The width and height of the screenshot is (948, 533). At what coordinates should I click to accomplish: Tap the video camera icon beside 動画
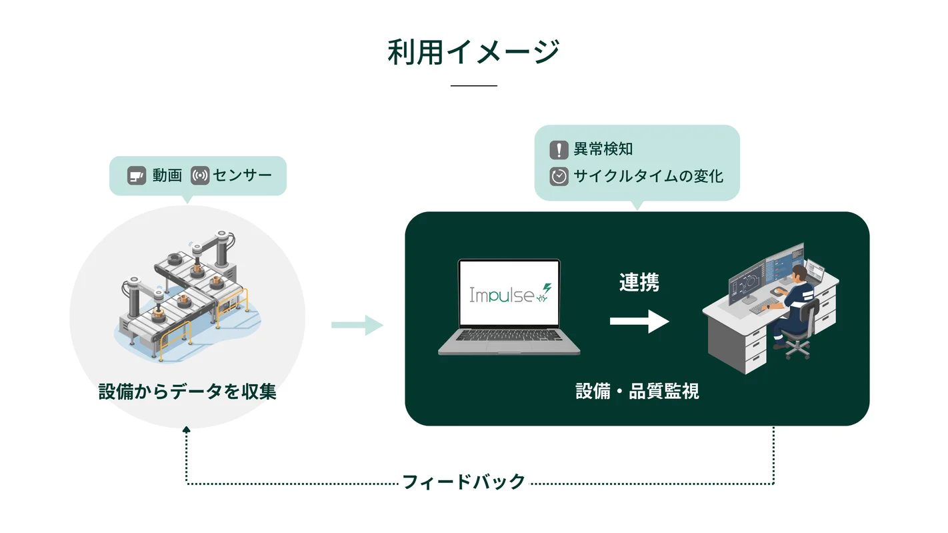coord(136,175)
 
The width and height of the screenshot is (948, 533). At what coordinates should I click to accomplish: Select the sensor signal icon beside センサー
coord(200,175)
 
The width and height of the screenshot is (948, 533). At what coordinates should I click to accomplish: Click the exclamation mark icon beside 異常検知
coord(559,149)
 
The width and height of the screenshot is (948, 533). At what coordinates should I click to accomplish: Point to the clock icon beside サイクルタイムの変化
coord(559,177)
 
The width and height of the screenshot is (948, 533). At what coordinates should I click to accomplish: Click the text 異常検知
coord(603,149)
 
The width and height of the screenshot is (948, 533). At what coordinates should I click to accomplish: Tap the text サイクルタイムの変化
coord(649,176)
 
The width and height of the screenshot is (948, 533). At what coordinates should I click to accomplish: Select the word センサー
coord(242,175)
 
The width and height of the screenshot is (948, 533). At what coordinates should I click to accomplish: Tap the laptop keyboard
coord(509,336)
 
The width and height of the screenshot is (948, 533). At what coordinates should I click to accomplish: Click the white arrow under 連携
coord(639,322)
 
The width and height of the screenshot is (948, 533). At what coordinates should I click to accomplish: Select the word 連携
coord(639,282)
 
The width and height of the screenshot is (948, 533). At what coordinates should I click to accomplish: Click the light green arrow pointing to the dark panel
coord(357,325)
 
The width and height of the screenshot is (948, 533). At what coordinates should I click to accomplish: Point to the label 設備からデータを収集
coord(187,392)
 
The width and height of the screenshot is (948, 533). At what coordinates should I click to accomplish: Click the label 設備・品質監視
coord(637,391)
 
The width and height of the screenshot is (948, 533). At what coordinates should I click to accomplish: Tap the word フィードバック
coord(464,482)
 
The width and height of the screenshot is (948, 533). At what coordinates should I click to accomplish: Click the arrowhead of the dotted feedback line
coord(186,430)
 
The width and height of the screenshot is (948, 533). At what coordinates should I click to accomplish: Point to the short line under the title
coord(473,85)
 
